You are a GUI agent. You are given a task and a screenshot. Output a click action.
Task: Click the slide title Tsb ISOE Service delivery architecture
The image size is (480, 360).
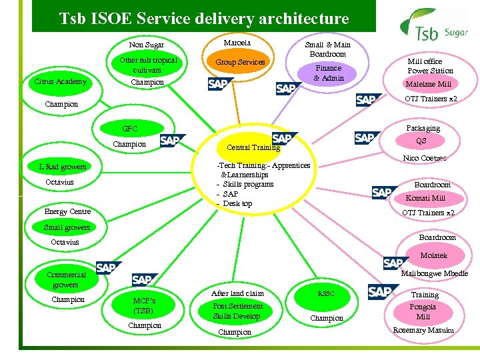(x=203, y=19)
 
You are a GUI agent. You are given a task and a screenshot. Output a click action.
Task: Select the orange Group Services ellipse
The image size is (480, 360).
(x=240, y=62)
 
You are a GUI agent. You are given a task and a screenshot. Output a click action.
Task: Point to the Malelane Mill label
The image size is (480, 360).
(x=429, y=84)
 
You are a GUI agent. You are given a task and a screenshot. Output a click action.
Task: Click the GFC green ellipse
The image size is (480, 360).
(x=130, y=129)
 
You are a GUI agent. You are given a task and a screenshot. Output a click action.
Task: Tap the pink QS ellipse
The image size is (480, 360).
(x=421, y=141)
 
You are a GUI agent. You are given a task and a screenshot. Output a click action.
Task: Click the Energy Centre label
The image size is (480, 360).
(x=67, y=211)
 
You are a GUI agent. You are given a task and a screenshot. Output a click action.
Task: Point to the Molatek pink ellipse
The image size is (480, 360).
(x=434, y=255)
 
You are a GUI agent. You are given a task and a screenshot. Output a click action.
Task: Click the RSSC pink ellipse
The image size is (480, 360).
(x=327, y=293)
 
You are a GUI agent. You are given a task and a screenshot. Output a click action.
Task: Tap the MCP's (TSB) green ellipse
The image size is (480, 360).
(x=144, y=305)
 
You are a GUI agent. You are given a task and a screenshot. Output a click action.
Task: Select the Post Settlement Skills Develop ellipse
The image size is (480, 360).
(x=237, y=311)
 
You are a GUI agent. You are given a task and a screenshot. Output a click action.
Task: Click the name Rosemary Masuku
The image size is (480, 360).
(x=423, y=330)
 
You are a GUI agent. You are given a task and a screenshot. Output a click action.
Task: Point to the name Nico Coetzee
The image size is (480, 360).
(x=425, y=158)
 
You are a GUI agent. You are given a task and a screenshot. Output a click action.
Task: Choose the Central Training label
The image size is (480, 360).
(x=253, y=147)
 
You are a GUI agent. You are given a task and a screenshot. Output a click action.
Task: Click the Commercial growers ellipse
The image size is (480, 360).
(x=67, y=279)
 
